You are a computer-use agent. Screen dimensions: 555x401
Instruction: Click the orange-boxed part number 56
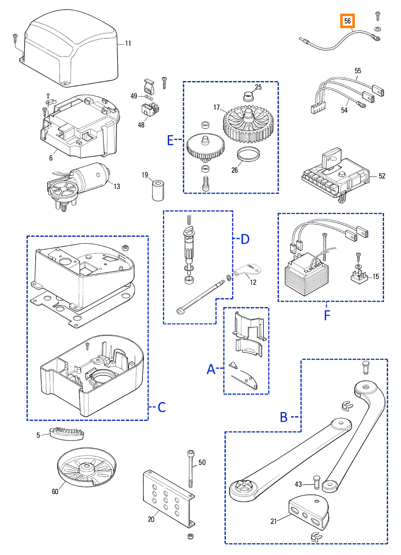[x=347, y=21]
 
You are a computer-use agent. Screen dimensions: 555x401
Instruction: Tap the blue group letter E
[x=170, y=140]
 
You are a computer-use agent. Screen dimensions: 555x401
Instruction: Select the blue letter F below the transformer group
[x=327, y=315]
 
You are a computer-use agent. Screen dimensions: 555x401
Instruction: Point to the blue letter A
[x=211, y=369]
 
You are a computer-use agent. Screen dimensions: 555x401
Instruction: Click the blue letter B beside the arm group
[x=284, y=417]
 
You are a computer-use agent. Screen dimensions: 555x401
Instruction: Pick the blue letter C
[x=162, y=407]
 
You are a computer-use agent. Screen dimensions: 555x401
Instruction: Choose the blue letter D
[x=245, y=239]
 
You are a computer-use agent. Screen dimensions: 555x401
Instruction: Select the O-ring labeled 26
[x=248, y=154]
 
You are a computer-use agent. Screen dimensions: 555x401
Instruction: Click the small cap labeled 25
[x=248, y=96]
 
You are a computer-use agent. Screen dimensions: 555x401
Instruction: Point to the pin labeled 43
[x=316, y=482]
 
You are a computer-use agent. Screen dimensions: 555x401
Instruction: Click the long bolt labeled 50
[x=191, y=469]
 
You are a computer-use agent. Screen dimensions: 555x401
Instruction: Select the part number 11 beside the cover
[x=128, y=43]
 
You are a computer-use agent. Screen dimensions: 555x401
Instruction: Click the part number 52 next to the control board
[x=382, y=176]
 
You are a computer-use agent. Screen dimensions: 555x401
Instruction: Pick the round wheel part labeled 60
[x=86, y=467]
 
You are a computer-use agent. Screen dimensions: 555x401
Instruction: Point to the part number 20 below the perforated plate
[x=151, y=519]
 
